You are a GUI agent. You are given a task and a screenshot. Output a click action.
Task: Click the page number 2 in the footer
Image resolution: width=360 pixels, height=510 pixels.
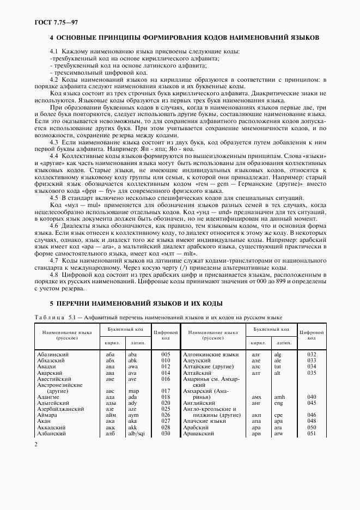35,445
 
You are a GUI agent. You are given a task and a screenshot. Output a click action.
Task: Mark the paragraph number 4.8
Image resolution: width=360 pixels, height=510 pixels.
54,275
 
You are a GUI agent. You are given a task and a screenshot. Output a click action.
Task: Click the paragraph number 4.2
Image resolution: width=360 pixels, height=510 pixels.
54,80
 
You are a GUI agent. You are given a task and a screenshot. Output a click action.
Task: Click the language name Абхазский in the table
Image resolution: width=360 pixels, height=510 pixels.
50,361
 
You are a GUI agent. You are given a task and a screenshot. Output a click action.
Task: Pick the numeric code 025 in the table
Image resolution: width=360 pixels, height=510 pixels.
166,409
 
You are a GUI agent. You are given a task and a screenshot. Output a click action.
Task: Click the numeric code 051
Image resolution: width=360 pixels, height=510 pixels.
312,433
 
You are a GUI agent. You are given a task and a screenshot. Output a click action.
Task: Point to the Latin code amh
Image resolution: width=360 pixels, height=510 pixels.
279,397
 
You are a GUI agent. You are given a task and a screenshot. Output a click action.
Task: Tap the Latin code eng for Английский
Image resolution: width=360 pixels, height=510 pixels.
278,403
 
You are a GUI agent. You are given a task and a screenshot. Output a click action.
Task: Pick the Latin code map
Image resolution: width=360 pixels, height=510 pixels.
133,391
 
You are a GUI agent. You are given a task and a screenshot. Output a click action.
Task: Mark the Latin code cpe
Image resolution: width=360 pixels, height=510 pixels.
278,415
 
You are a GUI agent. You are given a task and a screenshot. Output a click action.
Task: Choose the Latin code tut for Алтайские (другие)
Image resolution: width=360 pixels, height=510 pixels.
278,367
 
